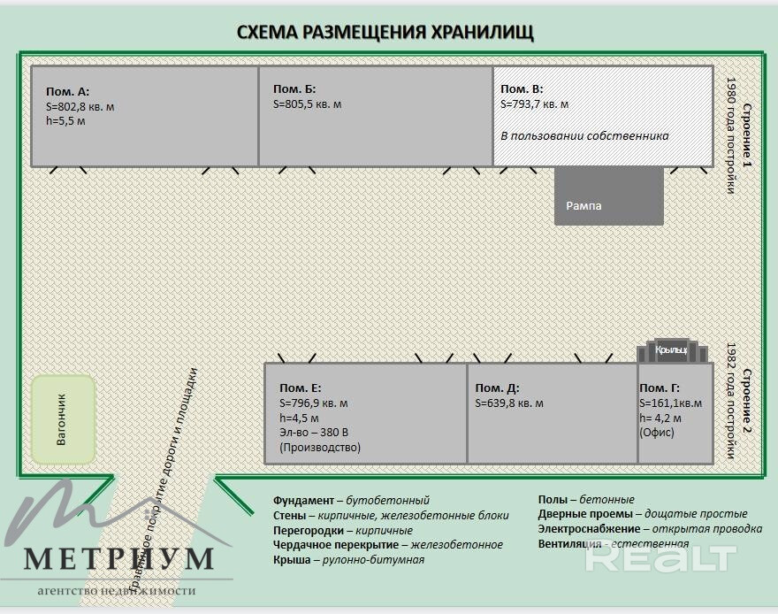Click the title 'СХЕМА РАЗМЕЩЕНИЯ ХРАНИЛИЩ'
385,33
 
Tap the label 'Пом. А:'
68,91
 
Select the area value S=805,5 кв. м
307,104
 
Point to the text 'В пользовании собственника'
584,136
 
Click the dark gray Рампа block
608,196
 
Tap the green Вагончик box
63,418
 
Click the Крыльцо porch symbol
672,351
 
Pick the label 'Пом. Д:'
497,388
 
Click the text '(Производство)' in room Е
320,448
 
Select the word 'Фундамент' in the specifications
303,501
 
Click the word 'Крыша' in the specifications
292,560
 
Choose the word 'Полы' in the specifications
553,500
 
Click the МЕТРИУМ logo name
118,558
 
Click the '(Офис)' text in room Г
657,433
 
